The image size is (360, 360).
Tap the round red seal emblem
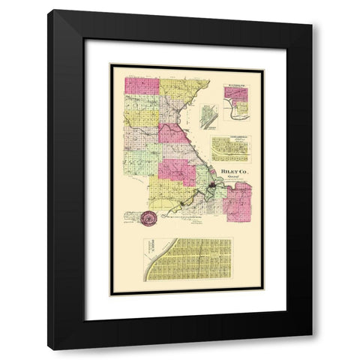coord(148,219)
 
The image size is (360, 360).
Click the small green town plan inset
coord(200,119)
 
